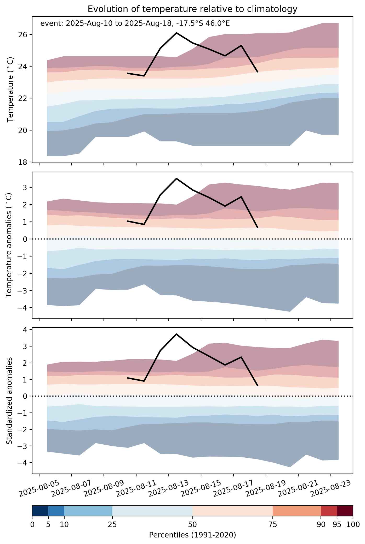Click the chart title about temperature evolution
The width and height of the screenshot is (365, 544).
click(x=192, y=9)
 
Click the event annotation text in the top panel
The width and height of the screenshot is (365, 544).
click(x=135, y=24)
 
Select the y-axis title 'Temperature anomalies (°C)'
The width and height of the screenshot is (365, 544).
click(x=9, y=245)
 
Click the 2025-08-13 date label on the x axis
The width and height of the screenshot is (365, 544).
click(x=168, y=488)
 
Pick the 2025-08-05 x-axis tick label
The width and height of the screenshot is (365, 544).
click(x=39, y=488)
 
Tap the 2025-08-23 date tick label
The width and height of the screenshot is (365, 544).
click(x=330, y=488)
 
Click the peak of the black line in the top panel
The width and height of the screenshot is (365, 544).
click(x=176, y=33)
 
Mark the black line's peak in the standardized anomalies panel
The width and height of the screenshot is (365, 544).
click(x=176, y=334)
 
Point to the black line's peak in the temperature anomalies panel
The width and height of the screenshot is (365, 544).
click(x=176, y=178)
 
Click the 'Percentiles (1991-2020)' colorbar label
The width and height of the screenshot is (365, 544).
click(x=192, y=535)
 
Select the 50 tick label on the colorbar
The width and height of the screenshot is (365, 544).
click(x=192, y=524)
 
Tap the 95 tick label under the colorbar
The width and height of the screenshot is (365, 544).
click(x=337, y=524)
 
